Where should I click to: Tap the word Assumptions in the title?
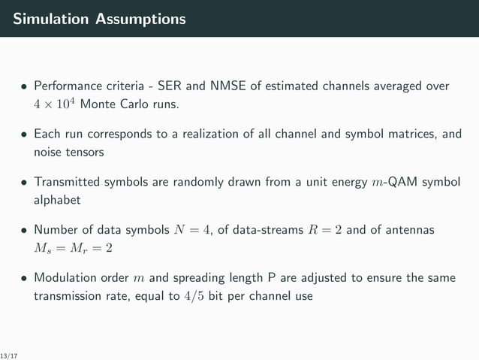[x=140, y=19]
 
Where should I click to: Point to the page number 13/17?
[x=9, y=354]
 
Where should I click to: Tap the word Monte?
[x=96, y=103]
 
